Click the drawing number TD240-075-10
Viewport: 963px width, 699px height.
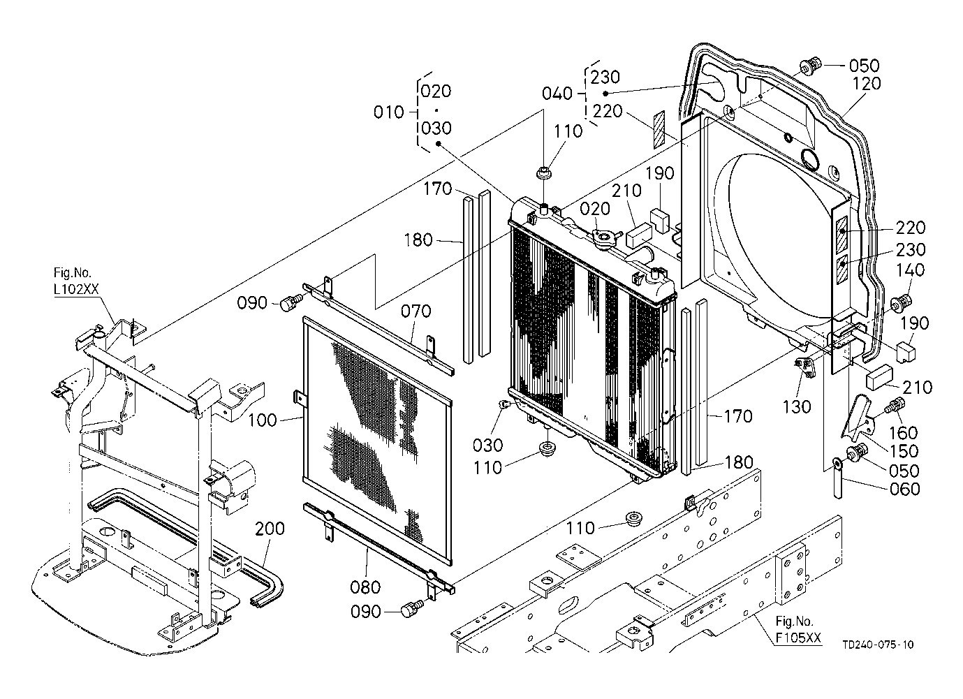coord(878,645)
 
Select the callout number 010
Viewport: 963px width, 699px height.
coord(389,112)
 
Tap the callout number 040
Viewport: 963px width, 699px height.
coord(557,94)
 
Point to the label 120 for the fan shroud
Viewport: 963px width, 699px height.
coord(866,83)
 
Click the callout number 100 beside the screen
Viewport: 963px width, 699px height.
coord(263,420)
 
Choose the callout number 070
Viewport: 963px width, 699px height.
coord(416,311)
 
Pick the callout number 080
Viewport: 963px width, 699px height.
coord(365,587)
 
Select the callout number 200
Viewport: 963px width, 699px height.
coord(270,529)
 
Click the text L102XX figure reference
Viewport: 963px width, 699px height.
coord(76,289)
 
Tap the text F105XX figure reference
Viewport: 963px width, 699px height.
coord(798,638)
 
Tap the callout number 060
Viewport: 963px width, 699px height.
coord(904,489)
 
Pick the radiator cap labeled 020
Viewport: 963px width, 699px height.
coord(606,237)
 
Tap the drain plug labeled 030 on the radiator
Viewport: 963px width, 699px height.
coord(505,404)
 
